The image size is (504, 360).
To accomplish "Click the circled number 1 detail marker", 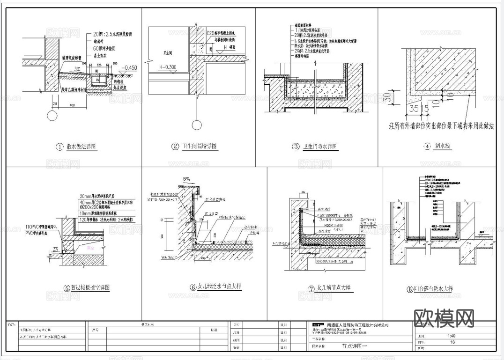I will tap(59, 147).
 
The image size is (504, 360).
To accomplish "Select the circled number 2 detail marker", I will tap(175, 147).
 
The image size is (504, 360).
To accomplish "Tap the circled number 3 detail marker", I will tap(296, 147).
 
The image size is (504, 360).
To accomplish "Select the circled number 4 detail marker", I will tap(427, 147).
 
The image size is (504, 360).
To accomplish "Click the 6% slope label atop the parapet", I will tap(186, 179).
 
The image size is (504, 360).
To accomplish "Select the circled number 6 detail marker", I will tap(193, 287).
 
